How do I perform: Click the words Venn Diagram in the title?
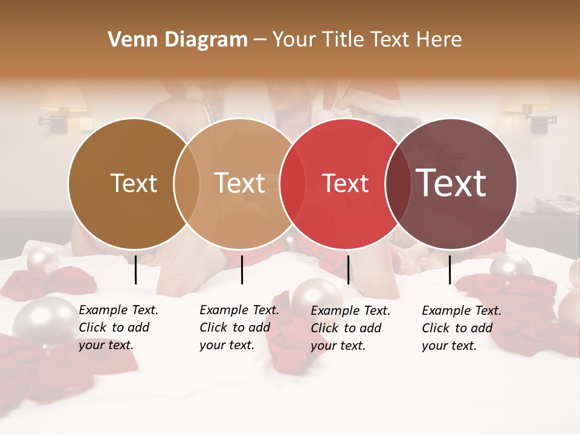point(178,40)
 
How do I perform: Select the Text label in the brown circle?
point(134,183)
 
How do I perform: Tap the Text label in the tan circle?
point(240,183)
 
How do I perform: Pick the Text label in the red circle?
point(345,183)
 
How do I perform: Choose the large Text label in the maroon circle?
point(451,182)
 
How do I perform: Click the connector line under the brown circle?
point(136,269)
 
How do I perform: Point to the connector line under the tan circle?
point(242,269)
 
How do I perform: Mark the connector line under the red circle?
point(348,269)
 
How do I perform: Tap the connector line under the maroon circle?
point(450,269)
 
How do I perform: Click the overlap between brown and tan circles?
point(187,184)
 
